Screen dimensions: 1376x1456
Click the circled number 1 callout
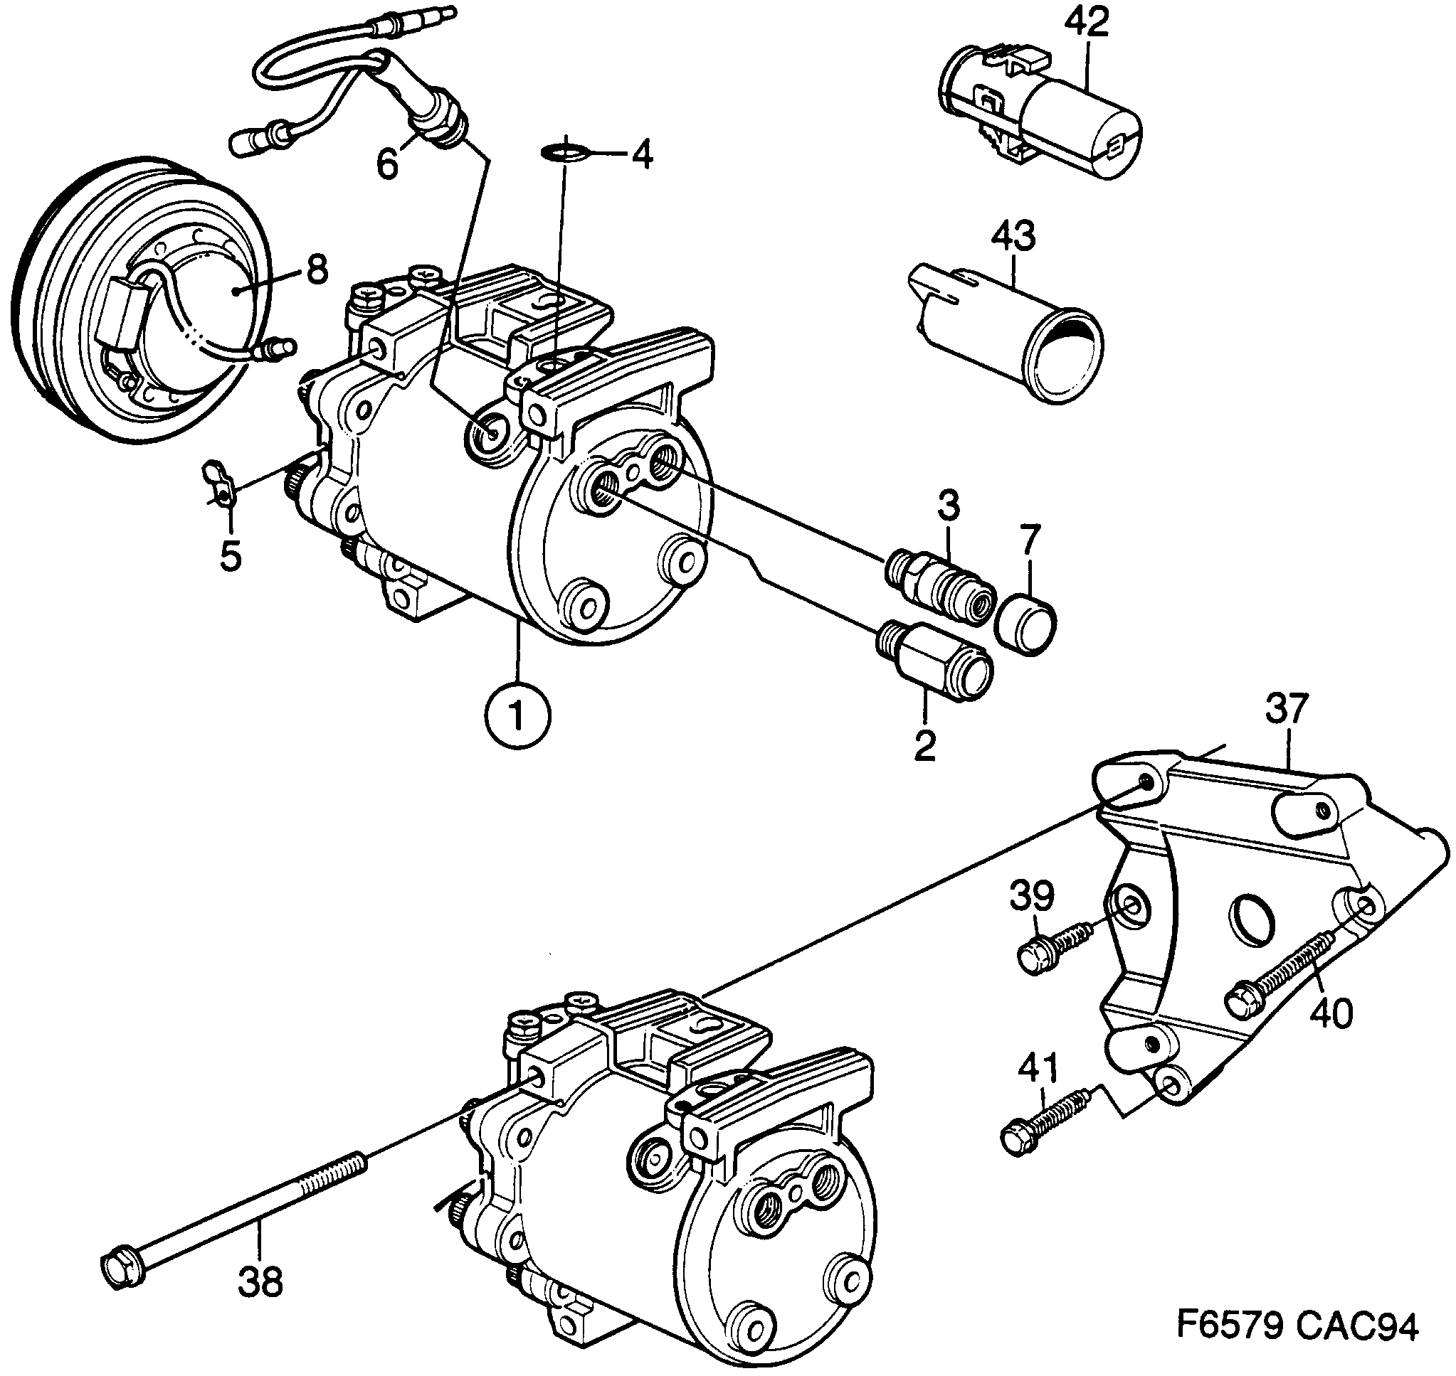click(517, 716)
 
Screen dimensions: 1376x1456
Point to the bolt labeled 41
click(1042, 1128)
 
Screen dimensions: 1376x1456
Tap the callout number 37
click(1287, 709)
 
